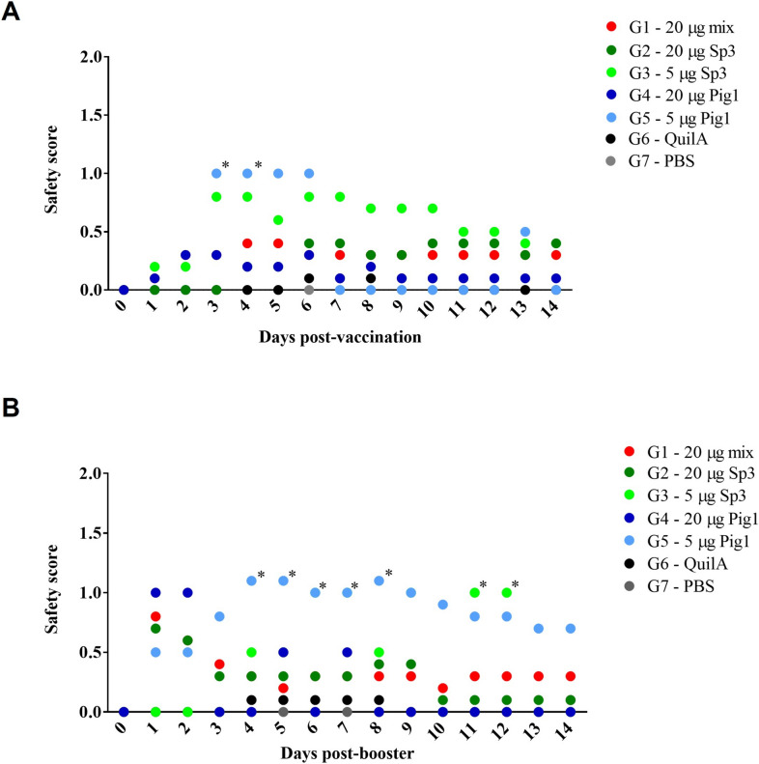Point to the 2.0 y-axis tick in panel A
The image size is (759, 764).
click(x=91, y=57)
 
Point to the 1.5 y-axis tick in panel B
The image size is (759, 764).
click(x=91, y=532)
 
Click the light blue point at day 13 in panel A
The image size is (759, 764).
click(x=524, y=232)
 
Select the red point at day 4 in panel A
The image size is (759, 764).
click(x=247, y=243)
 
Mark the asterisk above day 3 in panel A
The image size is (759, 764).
click(x=226, y=165)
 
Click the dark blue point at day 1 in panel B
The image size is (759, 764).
click(x=155, y=592)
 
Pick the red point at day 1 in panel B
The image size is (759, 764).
click(x=155, y=616)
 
